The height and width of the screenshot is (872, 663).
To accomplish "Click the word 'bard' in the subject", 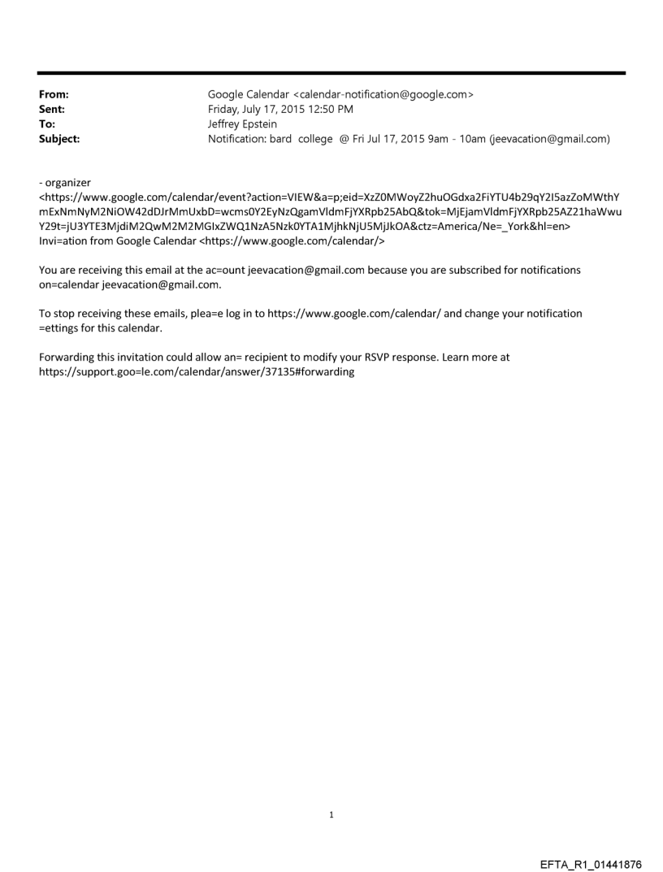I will click(282, 139).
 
